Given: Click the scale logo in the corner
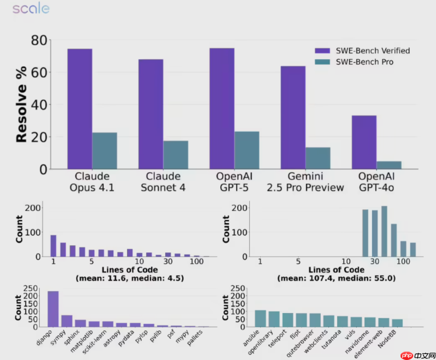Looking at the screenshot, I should pyautogui.click(x=31, y=8).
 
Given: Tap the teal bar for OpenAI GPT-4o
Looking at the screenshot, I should pyautogui.click(x=389, y=165).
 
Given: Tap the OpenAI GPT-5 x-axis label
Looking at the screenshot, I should pyautogui.click(x=234, y=182).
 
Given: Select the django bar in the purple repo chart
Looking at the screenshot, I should pyautogui.click(x=53, y=309).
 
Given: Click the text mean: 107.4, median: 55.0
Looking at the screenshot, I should pyautogui.click(x=336, y=278).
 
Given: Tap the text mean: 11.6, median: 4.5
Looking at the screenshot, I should pyautogui.click(x=130, y=278).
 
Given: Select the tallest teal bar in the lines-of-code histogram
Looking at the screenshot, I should pyautogui.click(x=384, y=231).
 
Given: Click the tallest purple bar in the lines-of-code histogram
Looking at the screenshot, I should pyautogui.click(x=53, y=246).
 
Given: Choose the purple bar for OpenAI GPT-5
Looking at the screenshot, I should pyautogui.click(x=222, y=108).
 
